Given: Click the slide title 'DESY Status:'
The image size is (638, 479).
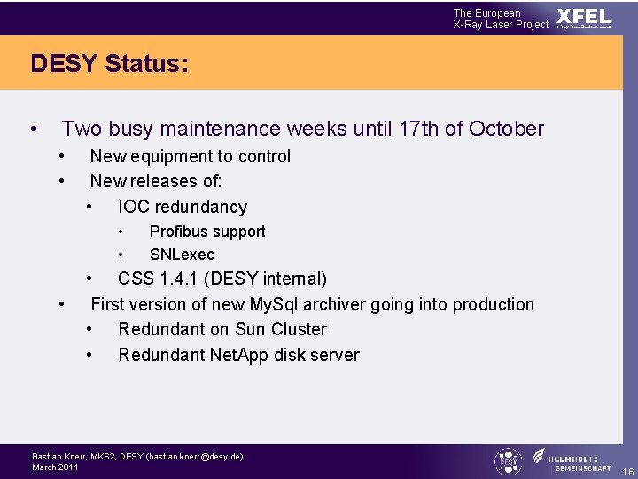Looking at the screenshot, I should pyautogui.click(x=109, y=64).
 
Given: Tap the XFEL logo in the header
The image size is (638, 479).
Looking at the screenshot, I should pyautogui.click(x=583, y=18).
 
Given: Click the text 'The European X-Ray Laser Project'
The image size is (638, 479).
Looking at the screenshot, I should pyautogui.click(x=501, y=19).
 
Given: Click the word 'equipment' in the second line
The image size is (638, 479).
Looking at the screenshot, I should pyautogui.click(x=175, y=156).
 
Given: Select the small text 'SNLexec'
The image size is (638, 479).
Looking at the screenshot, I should pyautogui.click(x=182, y=255).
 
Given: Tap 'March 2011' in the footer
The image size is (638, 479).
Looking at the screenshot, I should pyautogui.click(x=55, y=467).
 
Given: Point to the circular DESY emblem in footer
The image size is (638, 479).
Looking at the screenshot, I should pyautogui.click(x=509, y=461).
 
